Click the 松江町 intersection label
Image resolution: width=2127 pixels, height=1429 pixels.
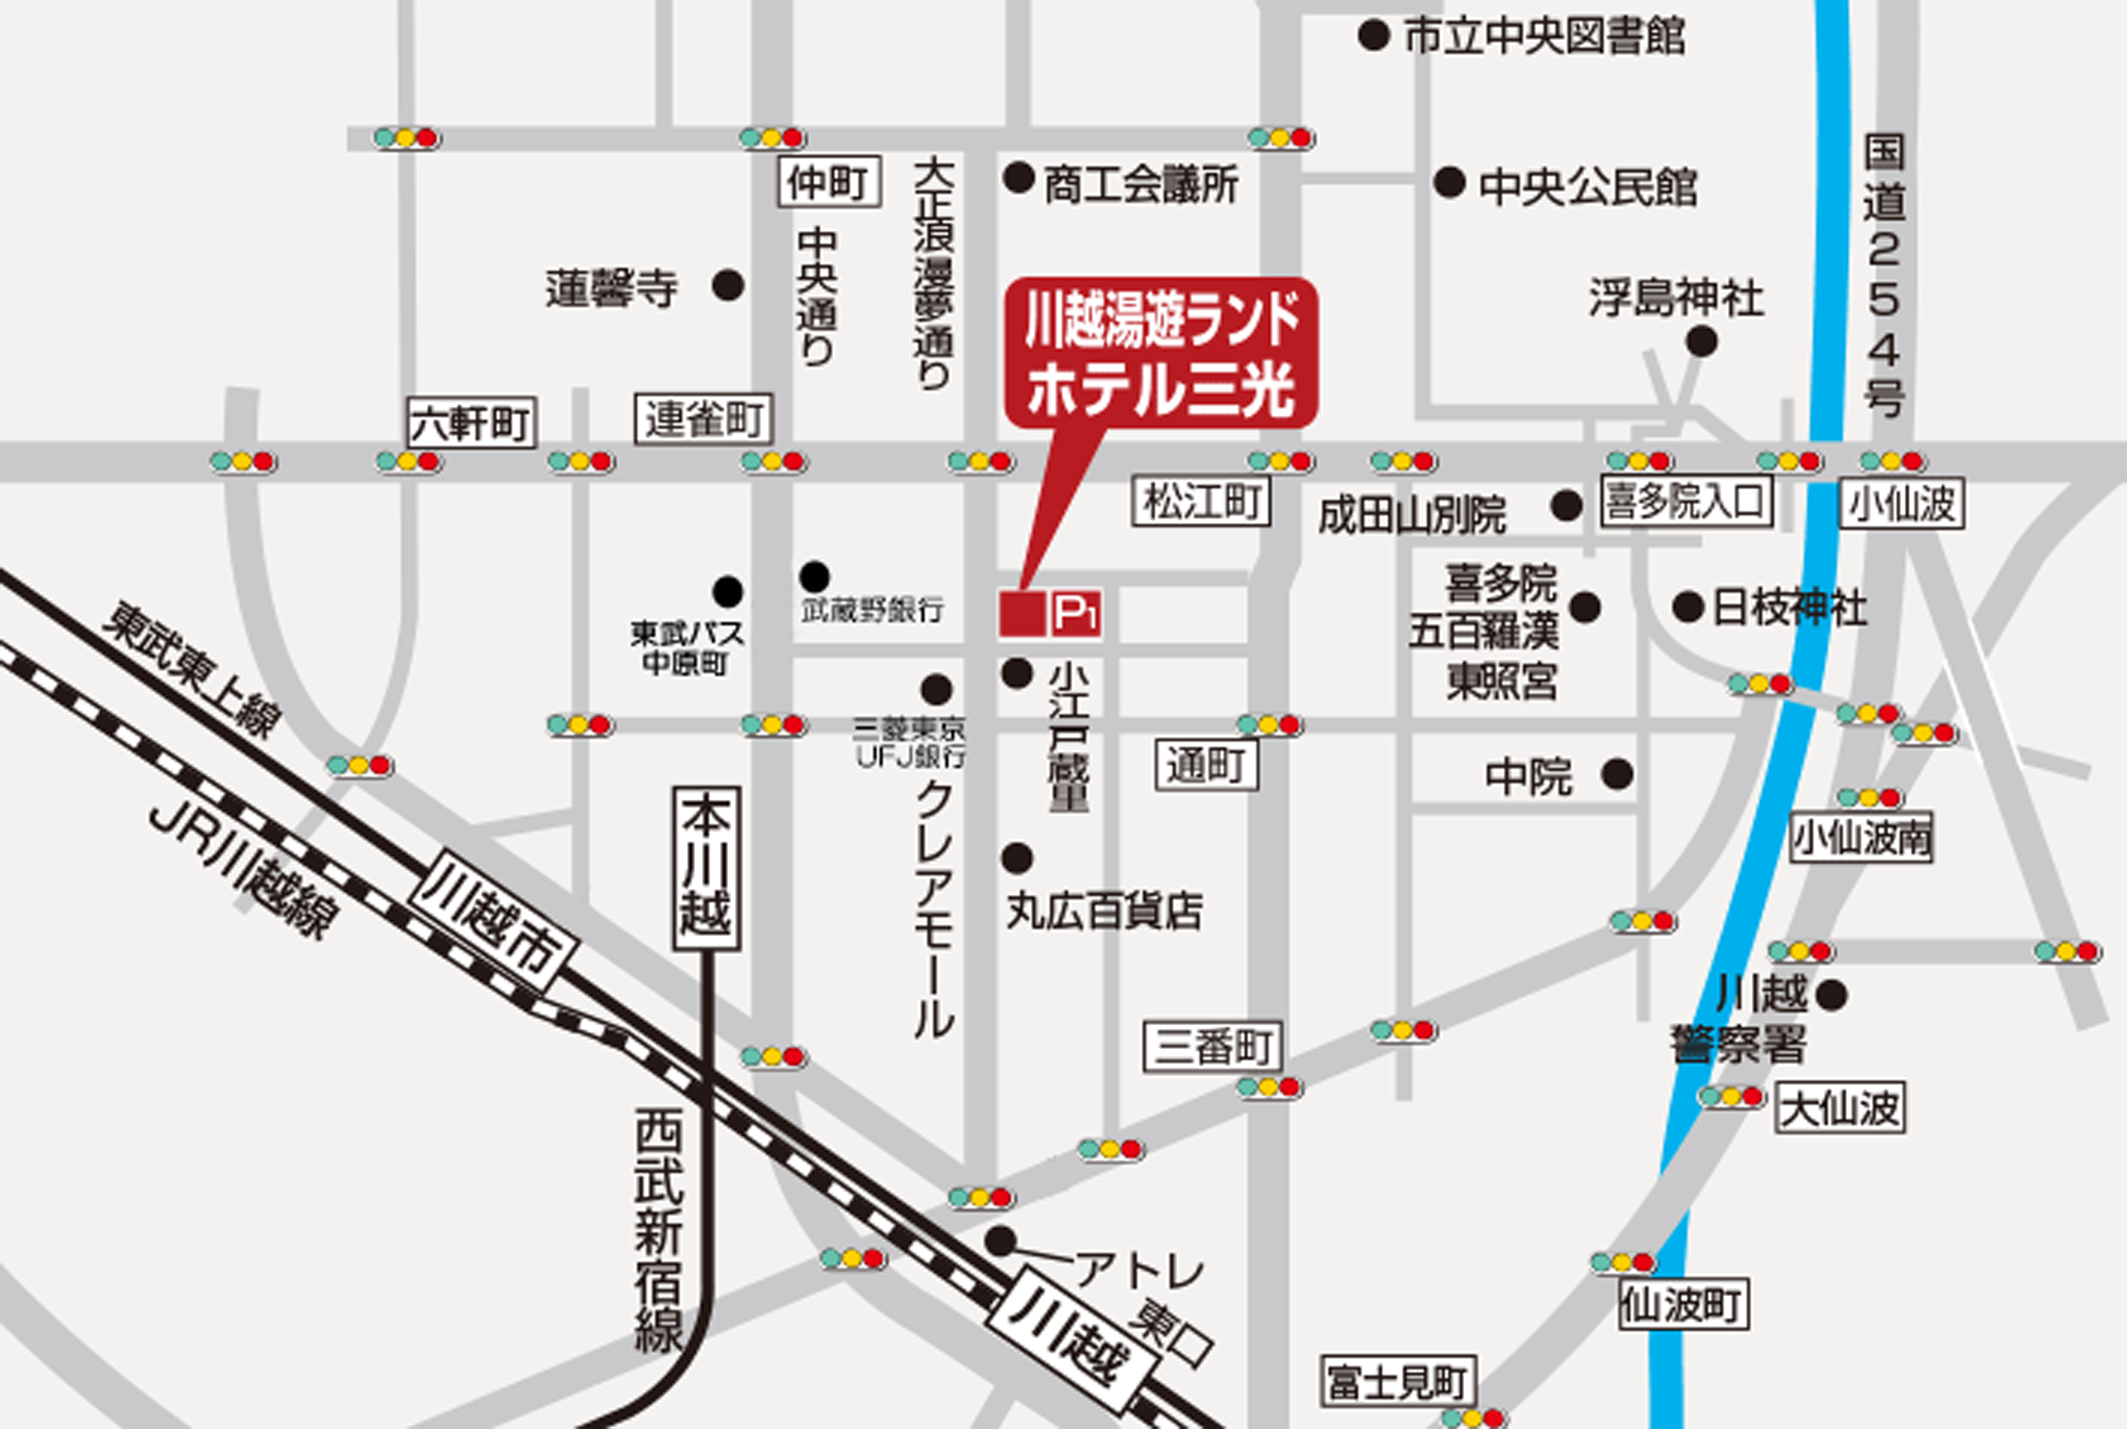1201,501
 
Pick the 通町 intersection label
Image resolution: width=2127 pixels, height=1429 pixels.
1206,765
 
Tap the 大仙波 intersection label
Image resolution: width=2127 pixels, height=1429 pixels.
1840,1108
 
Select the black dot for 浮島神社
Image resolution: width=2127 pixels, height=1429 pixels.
1701,343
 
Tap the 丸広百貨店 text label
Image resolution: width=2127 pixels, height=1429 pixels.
1104,910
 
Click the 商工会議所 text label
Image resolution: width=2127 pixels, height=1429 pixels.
1141,185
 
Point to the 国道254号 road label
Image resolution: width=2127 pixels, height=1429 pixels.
1884,273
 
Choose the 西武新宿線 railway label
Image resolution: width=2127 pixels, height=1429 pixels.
658,1230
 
